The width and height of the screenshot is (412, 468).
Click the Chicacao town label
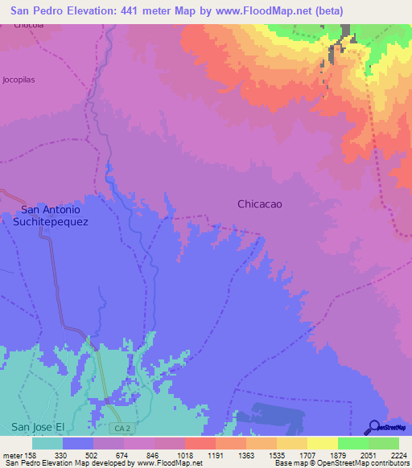point(260,204)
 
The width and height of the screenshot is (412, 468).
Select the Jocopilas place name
point(19,80)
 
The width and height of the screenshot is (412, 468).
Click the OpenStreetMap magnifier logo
point(372,427)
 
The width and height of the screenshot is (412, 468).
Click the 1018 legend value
point(185,454)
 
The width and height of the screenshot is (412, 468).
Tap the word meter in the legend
point(12,454)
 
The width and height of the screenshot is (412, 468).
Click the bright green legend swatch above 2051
point(352,443)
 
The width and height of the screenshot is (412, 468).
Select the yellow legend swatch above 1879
point(322,443)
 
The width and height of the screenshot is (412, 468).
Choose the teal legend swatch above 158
point(47,443)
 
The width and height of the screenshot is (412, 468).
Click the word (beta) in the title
point(323,10)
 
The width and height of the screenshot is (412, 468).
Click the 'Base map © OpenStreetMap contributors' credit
point(340,464)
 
